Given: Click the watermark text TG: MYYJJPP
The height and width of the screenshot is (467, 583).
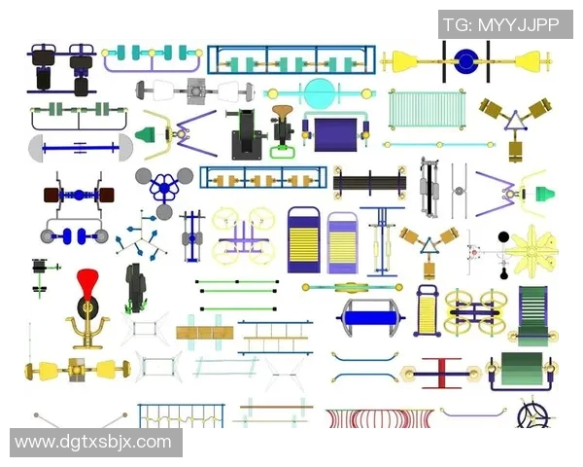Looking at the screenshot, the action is click(x=501, y=24).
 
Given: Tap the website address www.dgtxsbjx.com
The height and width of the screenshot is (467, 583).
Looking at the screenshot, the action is click(x=93, y=442).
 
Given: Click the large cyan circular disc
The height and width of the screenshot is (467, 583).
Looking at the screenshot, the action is click(x=320, y=93).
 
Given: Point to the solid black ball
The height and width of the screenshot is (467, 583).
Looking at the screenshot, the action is click(x=503, y=236).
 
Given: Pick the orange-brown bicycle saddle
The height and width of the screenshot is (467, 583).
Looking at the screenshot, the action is click(x=282, y=112).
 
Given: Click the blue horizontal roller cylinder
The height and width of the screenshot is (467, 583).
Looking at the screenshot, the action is click(x=370, y=318).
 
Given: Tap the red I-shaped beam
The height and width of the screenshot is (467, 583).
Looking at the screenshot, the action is click(x=441, y=374).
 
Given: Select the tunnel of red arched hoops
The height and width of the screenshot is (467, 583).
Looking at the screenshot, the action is click(x=380, y=417).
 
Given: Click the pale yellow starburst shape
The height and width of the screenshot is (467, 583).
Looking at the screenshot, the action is click(x=532, y=251).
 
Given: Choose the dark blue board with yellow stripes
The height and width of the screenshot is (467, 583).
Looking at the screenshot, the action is click(x=304, y=240).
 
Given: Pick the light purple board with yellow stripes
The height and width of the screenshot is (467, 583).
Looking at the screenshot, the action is click(x=343, y=243).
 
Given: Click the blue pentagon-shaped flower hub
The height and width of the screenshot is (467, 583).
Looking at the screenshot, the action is click(x=164, y=189).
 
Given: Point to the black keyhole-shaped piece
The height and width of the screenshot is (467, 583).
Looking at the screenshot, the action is click(x=503, y=273).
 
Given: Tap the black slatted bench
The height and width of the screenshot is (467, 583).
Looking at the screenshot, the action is click(x=369, y=184).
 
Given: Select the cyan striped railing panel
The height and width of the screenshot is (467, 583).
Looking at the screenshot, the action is click(x=427, y=110).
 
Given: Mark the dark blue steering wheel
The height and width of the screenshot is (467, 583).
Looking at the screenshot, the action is click(x=533, y=415).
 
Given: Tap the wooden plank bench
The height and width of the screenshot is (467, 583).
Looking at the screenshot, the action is click(x=205, y=333).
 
